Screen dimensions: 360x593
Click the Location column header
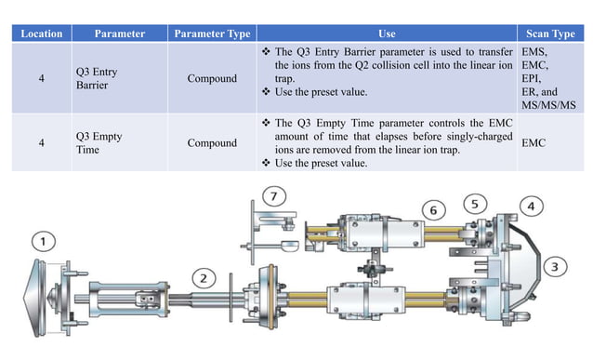tap(41, 33)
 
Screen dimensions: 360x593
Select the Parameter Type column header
tap(213, 33)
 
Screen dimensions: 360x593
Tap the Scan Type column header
tap(551, 33)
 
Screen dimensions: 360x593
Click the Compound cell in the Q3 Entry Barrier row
tap(212, 79)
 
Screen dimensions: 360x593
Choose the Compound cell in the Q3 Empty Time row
tap(212, 143)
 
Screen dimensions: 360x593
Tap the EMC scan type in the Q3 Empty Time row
tap(535, 143)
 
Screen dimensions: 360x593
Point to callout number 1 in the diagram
tap(44, 243)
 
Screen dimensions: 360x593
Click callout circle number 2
tap(205, 276)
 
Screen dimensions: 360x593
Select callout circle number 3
tap(557, 267)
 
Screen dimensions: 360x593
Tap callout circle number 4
tap(531, 205)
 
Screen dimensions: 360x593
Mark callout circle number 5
tap(474, 203)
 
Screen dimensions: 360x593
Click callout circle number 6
tap(432, 210)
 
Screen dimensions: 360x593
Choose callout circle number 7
tap(271, 195)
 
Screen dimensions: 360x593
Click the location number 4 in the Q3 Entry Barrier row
tap(41, 79)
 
